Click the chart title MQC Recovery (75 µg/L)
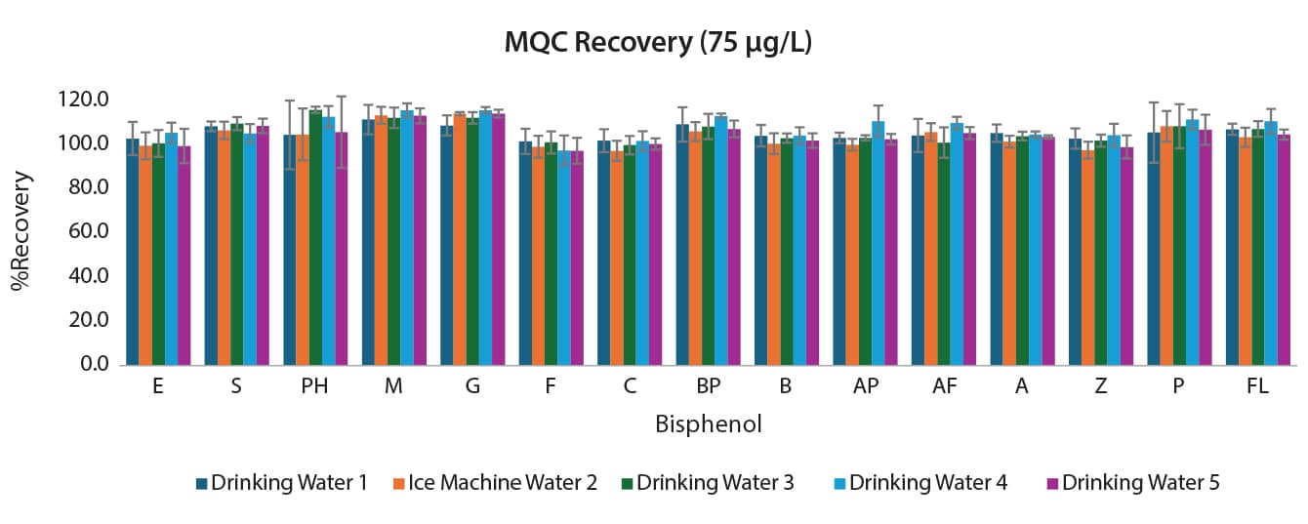click(x=654, y=43)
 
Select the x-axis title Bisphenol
click(x=708, y=424)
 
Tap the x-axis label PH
click(x=314, y=386)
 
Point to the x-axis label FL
click(x=1257, y=386)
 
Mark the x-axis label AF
click(x=944, y=386)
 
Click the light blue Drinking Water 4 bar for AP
click(x=879, y=243)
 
